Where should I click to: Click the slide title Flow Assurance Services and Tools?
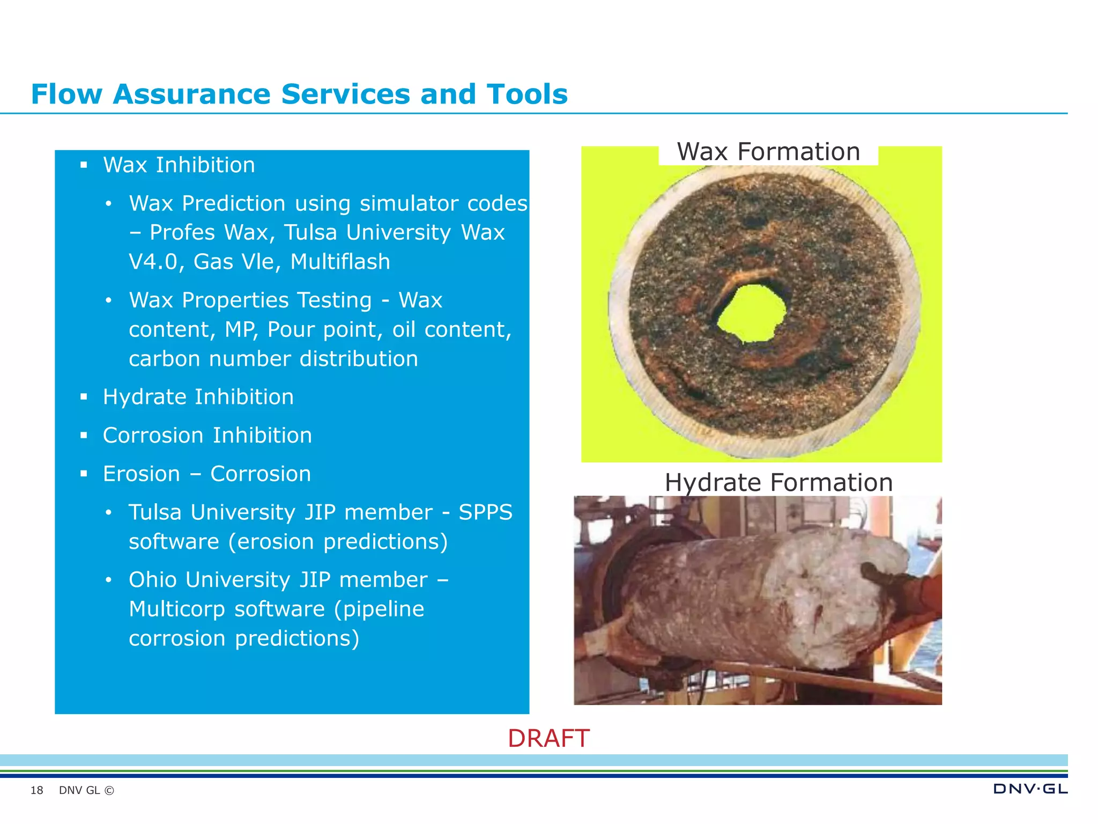299,94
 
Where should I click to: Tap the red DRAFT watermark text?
548,739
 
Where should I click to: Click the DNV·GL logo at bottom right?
1030,789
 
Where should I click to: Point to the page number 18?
36,790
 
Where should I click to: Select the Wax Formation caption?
768,152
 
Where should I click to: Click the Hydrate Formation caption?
778,482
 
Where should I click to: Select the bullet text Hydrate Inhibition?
198,397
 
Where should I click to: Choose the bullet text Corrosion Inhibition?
207,436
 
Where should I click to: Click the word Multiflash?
340,262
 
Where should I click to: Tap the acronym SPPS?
485,512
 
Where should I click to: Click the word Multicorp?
177,609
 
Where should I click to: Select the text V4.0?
153,262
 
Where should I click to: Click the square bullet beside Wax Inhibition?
84,165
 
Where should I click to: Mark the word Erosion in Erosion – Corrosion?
141,474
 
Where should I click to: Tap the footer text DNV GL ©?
86,790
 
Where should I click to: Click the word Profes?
182,233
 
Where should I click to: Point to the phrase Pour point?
325,329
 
